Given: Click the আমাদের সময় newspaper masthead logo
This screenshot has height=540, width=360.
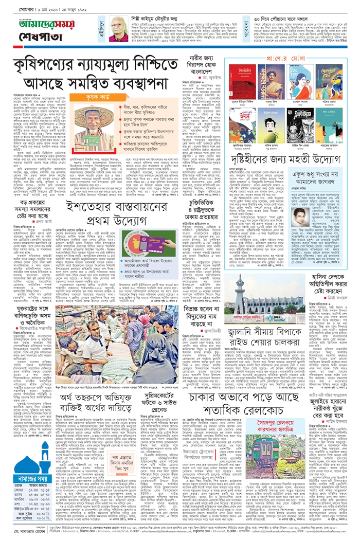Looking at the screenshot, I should click(x=33, y=25).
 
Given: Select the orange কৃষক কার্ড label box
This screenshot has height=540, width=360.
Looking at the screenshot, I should click(x=92, y=97).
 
